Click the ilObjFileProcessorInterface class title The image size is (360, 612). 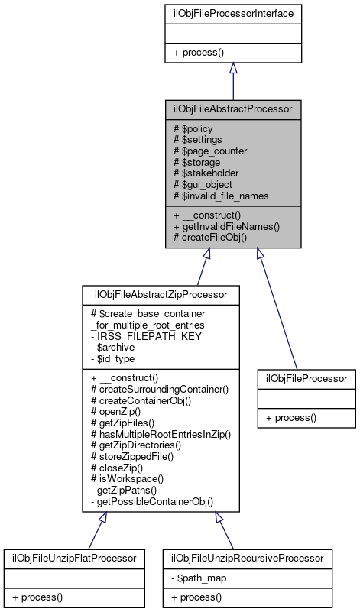(x=233, y=13)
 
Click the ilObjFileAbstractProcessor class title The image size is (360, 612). (x=233, y=109)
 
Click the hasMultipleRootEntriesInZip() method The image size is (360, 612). (x=161, y=434)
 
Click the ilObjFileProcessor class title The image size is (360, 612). (x=306, y=378)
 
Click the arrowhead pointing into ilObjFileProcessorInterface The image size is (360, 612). (x=233, y=68)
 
